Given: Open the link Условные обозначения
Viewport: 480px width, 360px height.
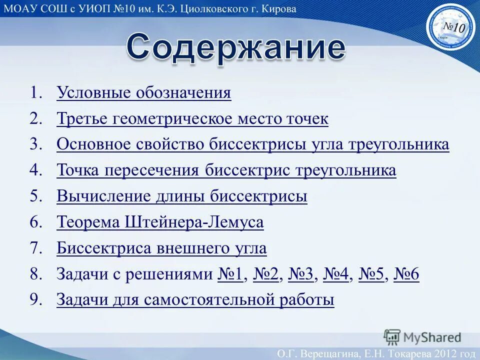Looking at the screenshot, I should (144, 93).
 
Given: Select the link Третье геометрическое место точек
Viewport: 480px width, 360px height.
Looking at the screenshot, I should (192, 119).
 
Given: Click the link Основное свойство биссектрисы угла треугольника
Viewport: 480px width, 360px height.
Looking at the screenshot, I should (252, 145).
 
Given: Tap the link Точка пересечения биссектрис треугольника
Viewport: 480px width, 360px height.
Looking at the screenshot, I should (226, 170).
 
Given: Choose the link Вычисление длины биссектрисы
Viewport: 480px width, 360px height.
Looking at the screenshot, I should (182, 196).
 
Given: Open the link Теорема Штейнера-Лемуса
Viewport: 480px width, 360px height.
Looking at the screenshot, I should (160, 222).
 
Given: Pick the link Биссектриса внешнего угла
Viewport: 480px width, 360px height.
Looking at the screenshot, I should (161, 248).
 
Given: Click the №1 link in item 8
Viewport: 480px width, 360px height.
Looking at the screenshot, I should (230, 274).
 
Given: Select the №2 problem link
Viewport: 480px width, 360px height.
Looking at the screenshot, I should (265, 274).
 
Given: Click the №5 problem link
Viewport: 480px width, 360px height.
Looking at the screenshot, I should (371, 274).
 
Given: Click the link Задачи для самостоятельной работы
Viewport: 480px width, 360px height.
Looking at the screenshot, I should (195, 300).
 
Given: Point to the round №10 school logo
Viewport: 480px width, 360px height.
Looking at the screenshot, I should (450, 28).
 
